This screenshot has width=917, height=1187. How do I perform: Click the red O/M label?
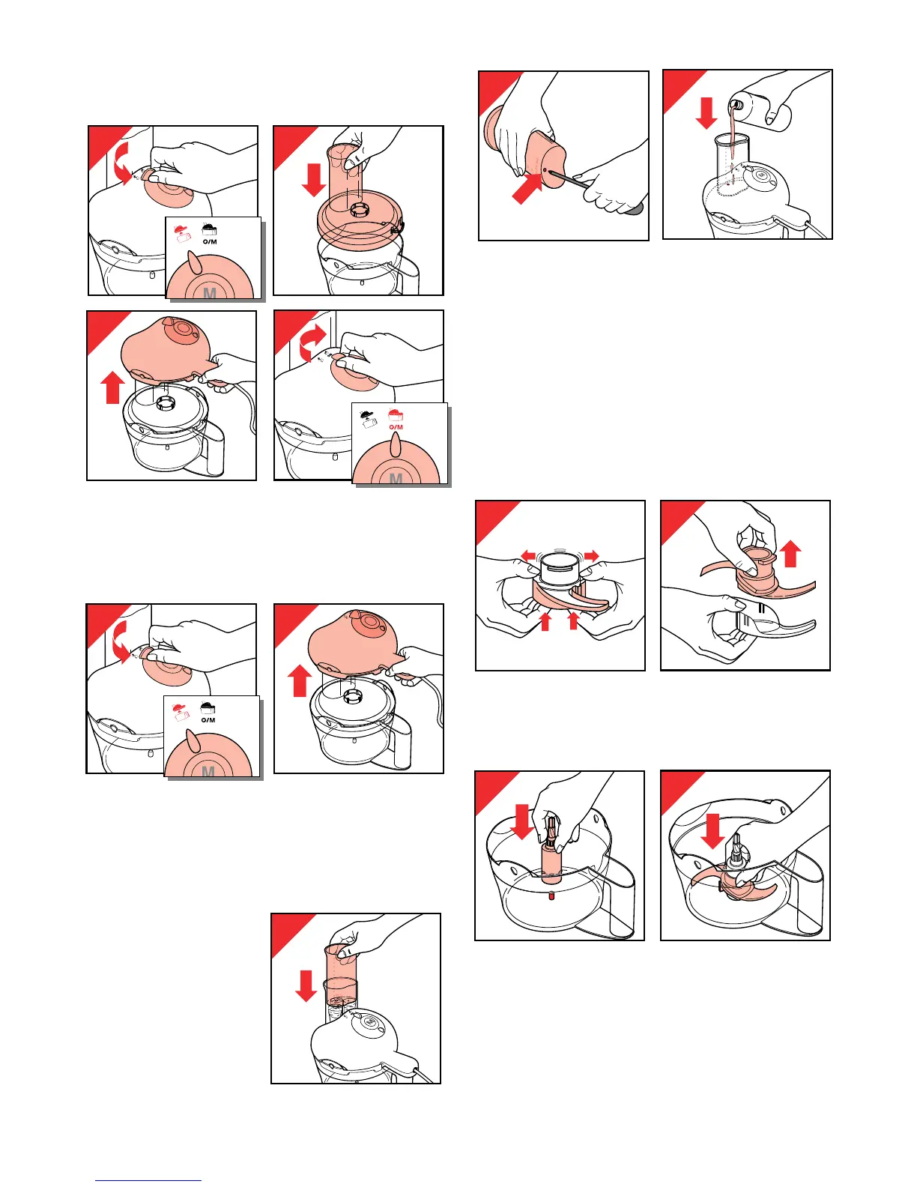point(396,427)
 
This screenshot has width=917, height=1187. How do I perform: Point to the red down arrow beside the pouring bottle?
point(706,113)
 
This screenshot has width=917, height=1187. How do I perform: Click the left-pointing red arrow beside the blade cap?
point(528,556)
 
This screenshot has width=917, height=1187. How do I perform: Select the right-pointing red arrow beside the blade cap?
point(592,556)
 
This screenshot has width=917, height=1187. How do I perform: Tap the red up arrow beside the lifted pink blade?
point(791,554)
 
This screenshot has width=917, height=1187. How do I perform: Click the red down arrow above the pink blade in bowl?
point(712,831)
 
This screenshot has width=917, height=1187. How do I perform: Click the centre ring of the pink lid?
point(360,210)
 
